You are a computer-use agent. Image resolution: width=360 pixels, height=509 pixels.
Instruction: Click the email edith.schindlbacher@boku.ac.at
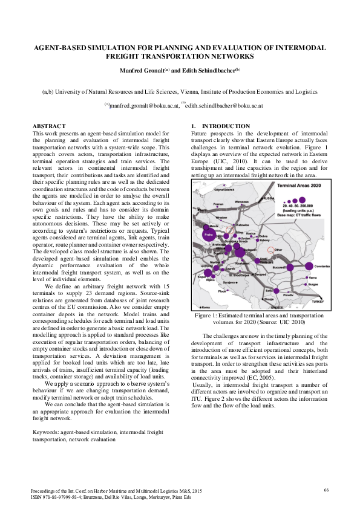(x=223, y=105)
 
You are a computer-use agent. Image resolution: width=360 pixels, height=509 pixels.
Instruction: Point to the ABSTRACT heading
(x=48, y=126)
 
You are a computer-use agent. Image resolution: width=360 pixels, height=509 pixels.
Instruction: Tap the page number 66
(x=326, y=488)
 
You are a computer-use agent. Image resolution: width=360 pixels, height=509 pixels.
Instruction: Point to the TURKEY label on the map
(x=318, y=300)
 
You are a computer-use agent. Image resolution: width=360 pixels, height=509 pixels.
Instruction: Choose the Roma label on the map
(x=204, y=307)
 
